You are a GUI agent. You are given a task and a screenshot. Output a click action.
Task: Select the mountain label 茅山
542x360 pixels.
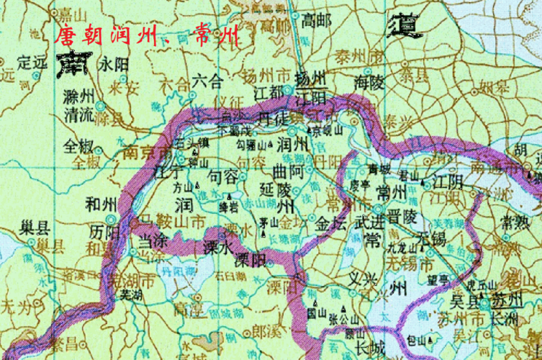(x=268, y=224)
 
